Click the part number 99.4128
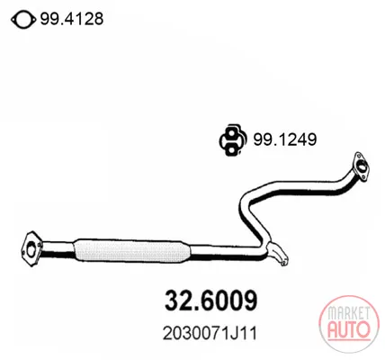point(72,20)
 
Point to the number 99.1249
point(285,139)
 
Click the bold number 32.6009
point(211,301)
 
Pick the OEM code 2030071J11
point(210,334)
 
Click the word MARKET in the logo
point(348,313)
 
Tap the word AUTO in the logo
point(349,329)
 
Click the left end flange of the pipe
point(31,248)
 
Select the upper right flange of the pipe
point(361,166)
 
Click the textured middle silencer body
point(132,251)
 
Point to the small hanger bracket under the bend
point(279,255)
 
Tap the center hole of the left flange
point(31,250)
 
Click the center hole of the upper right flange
point(362,166)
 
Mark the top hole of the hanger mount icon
point(231,132)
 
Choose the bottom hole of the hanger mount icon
point(231,148)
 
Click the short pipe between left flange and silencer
point(57,249)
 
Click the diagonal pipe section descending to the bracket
point(252,222)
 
